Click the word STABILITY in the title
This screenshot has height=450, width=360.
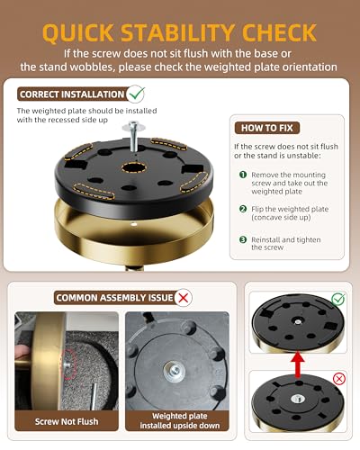coord(177,32)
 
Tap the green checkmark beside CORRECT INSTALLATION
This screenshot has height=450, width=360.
coord(136,94)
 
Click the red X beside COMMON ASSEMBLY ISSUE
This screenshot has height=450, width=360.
coord(184,298)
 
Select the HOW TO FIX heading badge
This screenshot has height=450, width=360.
coord(267,128)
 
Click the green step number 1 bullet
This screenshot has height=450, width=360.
coord(243,175)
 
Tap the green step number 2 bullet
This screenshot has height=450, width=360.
coord(243,209)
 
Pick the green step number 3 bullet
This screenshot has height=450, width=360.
coord(243,239)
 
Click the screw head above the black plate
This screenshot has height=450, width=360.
coord(133,125)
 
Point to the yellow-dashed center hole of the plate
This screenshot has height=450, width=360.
coord(134,168)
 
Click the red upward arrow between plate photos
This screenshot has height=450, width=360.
coord(298,364)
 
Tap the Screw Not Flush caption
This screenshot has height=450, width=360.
coord(67,421)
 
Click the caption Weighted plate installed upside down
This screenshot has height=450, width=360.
coord(180,420)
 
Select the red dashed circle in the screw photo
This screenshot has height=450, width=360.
coord(69,364)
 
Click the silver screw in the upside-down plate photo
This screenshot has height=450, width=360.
coord(175,371)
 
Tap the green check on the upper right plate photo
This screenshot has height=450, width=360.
coord(338,299)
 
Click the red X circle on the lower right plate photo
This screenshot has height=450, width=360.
coord(339,379)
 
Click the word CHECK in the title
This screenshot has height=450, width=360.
coord(279,32)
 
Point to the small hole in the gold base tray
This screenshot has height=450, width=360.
coord(134,224)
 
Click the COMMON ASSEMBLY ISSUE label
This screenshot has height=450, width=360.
coord(115,298)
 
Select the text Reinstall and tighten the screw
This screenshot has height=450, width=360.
coord(286,243)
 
